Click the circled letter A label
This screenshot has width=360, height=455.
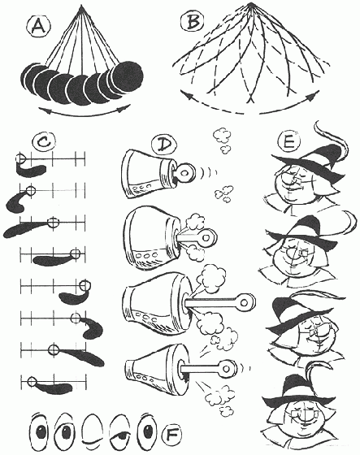(x=39, y=26)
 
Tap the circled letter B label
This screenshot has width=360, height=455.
(x=193, y=22)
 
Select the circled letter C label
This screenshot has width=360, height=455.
(x=44, y=142)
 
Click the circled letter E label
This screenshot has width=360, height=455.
(x=288, y=142)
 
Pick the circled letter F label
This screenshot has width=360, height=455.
(x=171, y=435)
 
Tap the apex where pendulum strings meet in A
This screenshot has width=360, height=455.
(x=81, y=6)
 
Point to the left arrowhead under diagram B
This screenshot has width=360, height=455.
(x=185, y=95)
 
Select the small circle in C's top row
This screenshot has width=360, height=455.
(x=20, y=158)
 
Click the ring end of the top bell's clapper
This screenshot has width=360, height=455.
(x=184, y=172)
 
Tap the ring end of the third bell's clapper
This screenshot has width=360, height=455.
(x=245, y=302)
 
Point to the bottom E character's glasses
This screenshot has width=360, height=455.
(x=302, y=414)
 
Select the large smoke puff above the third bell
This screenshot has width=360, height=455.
(x=210, y=279)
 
